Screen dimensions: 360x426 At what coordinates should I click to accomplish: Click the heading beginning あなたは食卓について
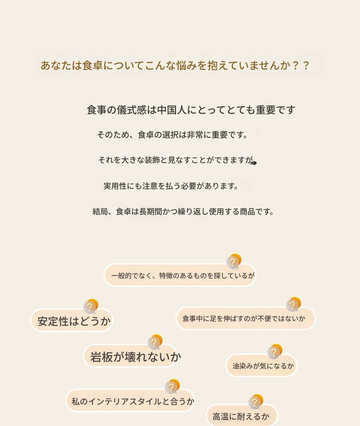tap(175, 66)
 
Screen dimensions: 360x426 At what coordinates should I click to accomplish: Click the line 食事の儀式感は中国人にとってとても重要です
tap(191, 110)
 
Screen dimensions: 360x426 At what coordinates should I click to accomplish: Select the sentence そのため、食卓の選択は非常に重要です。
tap(172, 135)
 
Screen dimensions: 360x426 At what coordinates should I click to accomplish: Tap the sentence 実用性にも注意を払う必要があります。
tap(171, 186)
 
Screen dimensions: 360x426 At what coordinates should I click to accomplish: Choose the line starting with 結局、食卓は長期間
tap(183, 211)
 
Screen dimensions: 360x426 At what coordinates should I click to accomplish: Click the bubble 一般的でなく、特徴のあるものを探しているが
tap(180, 275)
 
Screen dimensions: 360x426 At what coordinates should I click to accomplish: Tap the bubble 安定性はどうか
tap(72, 321)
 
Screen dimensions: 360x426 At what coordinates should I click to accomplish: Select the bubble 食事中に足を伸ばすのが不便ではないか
tap(246, 318)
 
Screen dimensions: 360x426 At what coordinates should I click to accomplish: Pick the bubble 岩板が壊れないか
tap(130, 356)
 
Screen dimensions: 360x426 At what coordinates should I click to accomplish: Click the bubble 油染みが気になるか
tap(262, 365)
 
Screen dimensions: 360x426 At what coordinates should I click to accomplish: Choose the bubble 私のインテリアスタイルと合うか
tap(130, 401)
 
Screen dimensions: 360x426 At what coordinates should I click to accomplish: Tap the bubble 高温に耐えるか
tap(242, 416)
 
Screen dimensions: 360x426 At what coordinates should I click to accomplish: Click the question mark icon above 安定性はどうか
tap(91, 306)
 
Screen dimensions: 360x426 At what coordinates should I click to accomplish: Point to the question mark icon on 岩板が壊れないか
tap(155, 342)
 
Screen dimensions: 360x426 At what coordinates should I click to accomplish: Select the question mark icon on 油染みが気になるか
tap(275, 351)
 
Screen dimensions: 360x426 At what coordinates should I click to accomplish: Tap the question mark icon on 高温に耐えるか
tap(256, 401)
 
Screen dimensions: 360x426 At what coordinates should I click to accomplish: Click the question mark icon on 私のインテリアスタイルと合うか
tap(172, 386)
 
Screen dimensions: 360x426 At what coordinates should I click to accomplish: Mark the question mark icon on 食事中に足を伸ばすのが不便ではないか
tap(293, 304)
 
